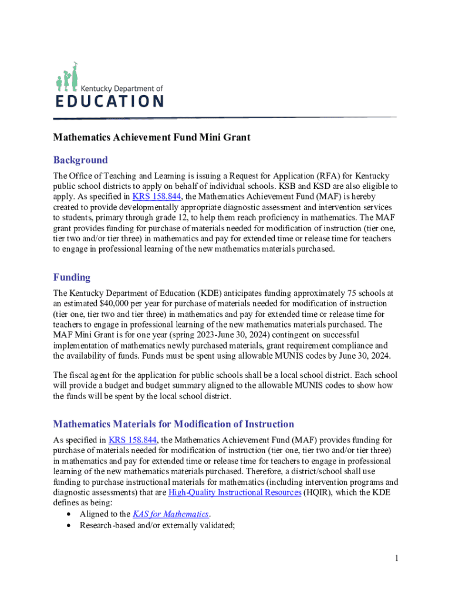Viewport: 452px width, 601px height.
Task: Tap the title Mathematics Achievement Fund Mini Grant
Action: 152,137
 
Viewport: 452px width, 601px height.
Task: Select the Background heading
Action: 80,160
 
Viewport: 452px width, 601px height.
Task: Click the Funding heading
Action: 72,277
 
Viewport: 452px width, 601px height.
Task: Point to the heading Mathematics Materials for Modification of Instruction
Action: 173,424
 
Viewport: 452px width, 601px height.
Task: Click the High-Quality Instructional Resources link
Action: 234,492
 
